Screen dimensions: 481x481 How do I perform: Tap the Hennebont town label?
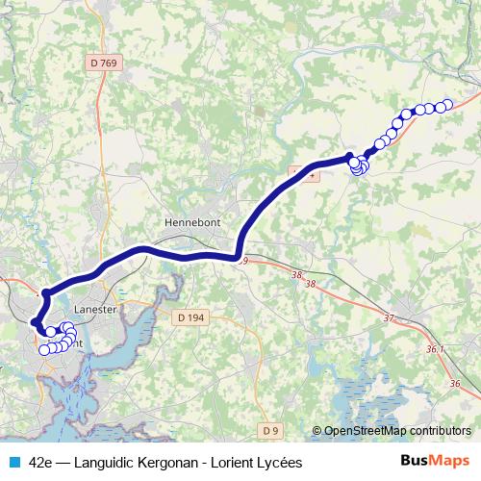click(192, 221)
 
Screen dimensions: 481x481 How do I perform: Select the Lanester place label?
click(94, 310)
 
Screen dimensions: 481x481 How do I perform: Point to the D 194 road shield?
click(191, 316)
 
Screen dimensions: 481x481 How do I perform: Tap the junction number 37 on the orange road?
click(389, 317)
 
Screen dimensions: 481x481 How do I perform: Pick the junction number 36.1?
click(434, 349)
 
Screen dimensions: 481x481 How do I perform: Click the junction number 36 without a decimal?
click(454, 384)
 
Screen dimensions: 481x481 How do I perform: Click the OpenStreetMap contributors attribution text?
click(397, 431)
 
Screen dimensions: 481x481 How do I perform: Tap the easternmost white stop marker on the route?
click(446, 105)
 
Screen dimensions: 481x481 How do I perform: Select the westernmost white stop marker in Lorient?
click(43, 349)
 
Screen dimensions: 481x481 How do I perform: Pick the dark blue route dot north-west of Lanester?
click(45, 292)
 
